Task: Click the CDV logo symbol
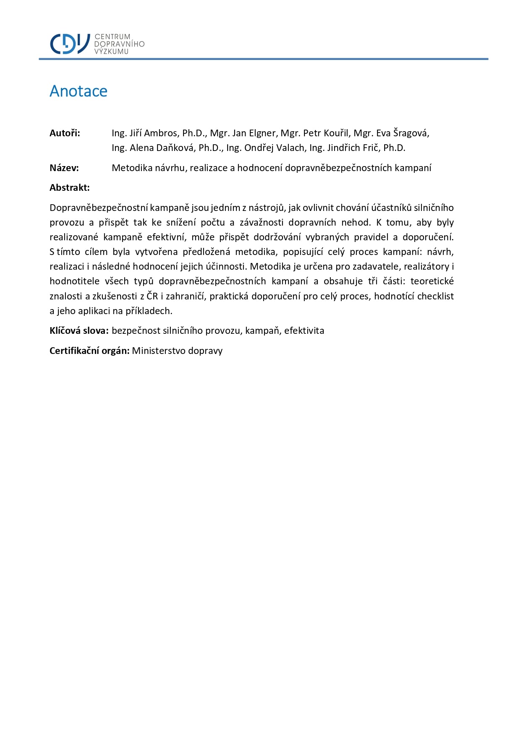click(x=70, y=44)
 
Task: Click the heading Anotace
click(x=79, y=91)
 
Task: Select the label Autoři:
click(x=65, y=133)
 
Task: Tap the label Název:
click(x=64, y=168)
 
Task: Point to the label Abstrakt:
click(x=70, y=188)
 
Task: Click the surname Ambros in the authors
click(x=161, y=133)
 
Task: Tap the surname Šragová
click(x=411, y=133)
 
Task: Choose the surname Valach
click(x=290, y=148)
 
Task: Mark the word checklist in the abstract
click(x=435, y=296)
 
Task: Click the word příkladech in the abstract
click(x=149, y=311)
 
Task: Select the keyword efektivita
click(x=304, y=331)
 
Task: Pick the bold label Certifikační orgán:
click(x=89, y=351)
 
